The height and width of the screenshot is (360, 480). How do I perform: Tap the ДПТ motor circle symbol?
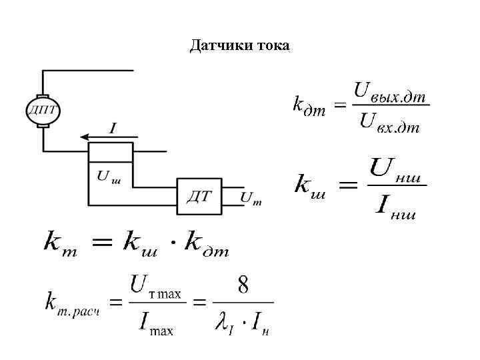point(43,110)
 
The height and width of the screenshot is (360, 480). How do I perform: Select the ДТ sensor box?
point(199,196)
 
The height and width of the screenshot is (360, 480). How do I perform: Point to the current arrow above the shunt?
point(106,137)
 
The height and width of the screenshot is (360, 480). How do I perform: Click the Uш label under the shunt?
point(109,177)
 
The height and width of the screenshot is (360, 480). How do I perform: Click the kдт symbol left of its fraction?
point(309,105)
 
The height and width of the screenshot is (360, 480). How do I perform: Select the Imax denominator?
point(156,325)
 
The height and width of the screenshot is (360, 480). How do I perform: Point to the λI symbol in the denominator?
point(224,325)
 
